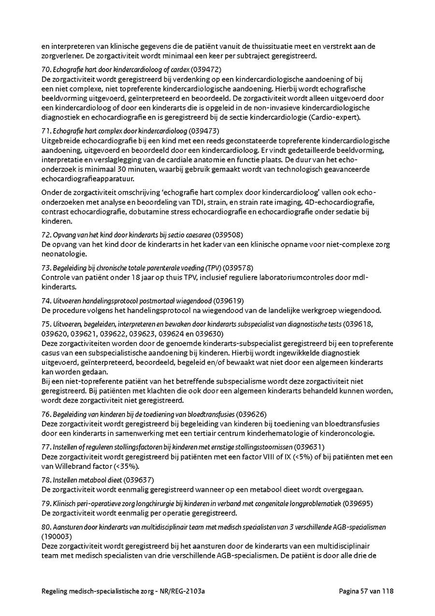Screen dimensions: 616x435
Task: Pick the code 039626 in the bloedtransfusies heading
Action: (x=251, y=414)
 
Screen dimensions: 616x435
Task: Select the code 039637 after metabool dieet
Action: (x=139, y=480)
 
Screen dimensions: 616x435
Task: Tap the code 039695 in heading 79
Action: (x=358, y=504)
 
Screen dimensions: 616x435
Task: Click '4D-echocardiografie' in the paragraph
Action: (x=339, y=201)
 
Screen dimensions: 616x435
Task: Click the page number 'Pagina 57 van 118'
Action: (x=366, y=591)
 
